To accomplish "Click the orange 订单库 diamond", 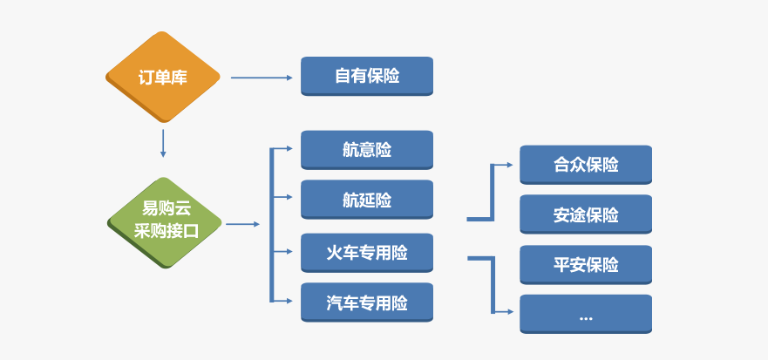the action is (x=163, y=77).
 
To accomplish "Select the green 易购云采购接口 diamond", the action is (x=164, y=223).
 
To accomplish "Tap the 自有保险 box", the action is (x=367, y=76).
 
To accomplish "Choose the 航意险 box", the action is (x=367, y=150).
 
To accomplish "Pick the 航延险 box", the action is (x=367, y=200).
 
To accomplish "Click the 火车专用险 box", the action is (x=367, y=253).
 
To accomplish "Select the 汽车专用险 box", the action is (x=367, y=302).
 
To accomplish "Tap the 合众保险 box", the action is (x=586, y=165).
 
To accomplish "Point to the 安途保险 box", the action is (x=586, y=214).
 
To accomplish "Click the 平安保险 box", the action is (x=586, y=264).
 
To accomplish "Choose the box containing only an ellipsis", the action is (x=586, y=314).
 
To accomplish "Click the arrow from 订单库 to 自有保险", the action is (x=262, y=78).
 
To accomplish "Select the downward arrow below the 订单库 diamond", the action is (x=163, y=144).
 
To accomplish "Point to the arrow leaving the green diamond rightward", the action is (x=243, y=224).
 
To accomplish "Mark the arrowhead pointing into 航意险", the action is (x=289, y=148).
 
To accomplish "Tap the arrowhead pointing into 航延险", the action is (x=289, y=197).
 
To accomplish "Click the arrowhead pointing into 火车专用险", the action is (x=289, y=251).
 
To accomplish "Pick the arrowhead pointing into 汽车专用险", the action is (x=289, y=300).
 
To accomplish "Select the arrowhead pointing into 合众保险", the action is (x=510, y=165).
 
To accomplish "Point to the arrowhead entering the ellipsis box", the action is (x=510, y=311).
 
